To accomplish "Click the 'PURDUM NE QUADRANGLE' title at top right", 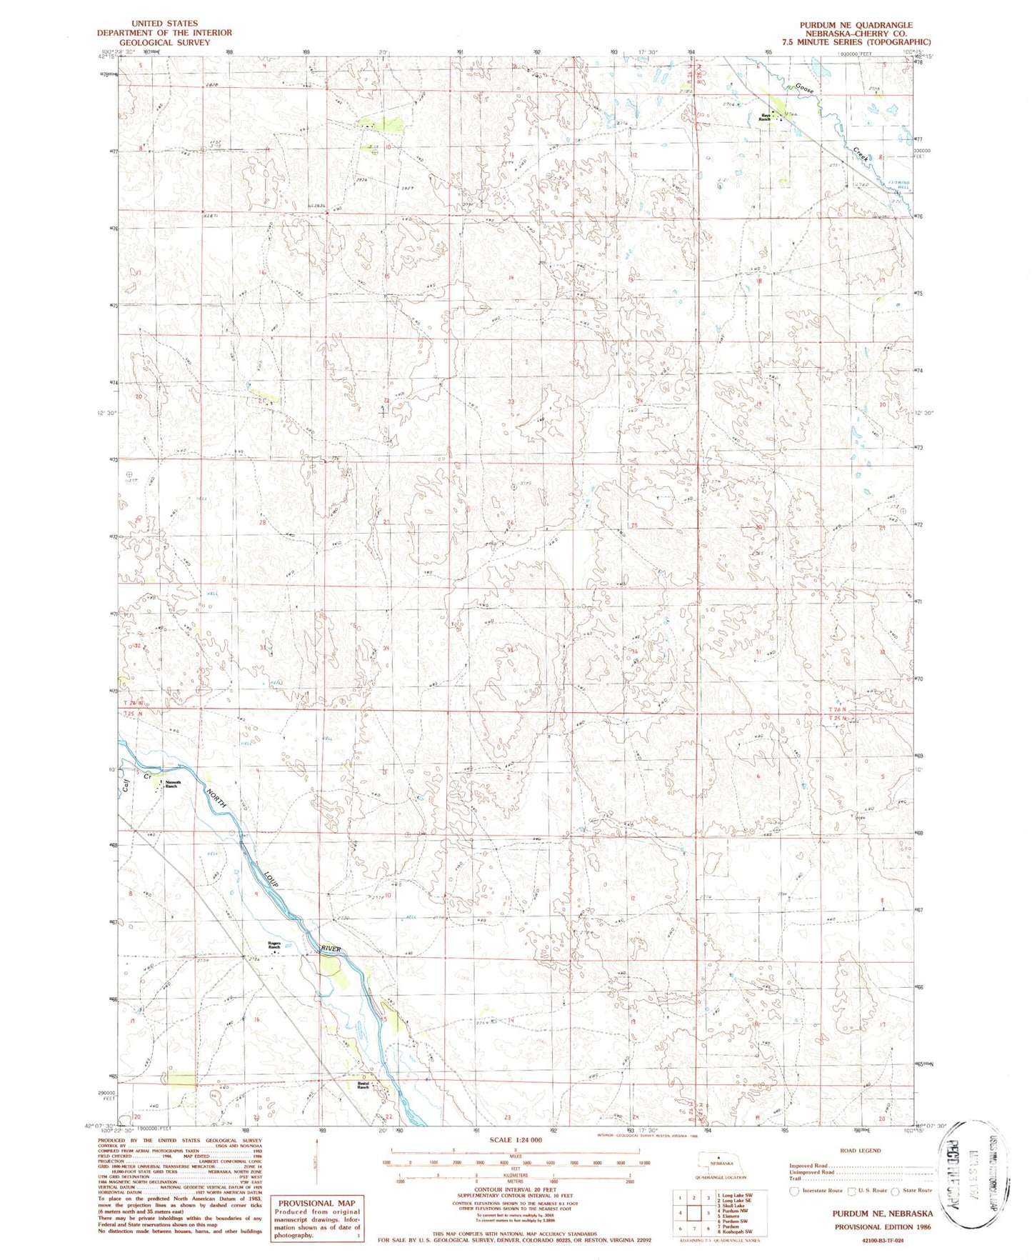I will pyautogui.click(x=856, y=24).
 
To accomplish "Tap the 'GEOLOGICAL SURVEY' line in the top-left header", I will pyautogui.click(x=164, y=42).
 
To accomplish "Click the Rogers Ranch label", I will pyautogui.click(x=274, y=946).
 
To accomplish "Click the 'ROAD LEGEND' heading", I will pyautogui.click(x=861, y=1151).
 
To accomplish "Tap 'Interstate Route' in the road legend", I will pyautogui.click(x=821, y=1191).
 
